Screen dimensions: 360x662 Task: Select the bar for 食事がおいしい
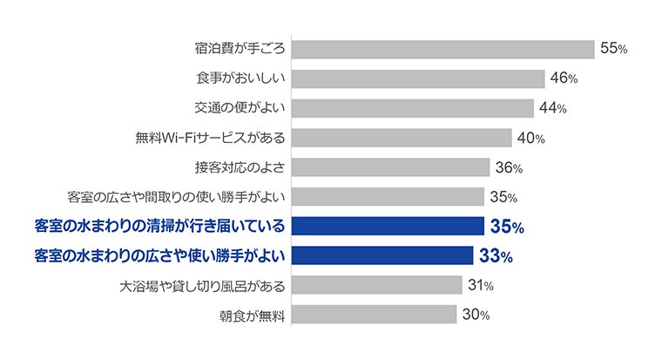pos(418,79)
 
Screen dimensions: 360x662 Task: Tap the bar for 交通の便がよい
pos(412,108)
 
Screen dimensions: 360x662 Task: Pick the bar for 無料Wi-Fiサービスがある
pos(402,138)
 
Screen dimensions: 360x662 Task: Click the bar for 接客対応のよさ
pos(390,167)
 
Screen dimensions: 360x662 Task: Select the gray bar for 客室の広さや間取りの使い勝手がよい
pos(388,197)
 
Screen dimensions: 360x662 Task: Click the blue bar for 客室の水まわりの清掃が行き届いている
pos(388,227)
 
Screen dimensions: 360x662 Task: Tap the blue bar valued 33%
pos(382,256)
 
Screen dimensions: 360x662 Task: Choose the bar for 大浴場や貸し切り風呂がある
pos(376,285)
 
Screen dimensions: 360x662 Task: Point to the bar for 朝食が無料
pos(374,315)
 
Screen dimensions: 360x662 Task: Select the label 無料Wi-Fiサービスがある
pos(210,138)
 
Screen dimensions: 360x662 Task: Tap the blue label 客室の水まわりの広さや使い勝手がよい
pos(159,256)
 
